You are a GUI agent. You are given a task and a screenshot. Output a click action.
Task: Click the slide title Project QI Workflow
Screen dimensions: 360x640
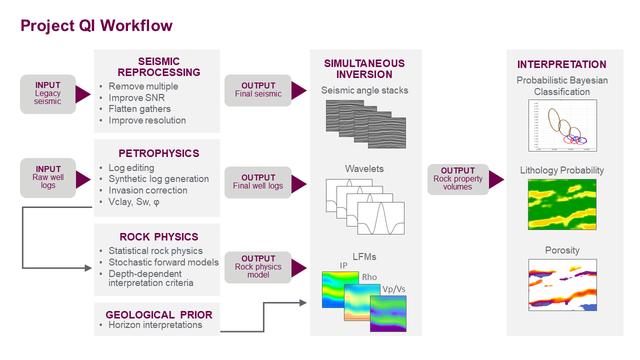(x=96, y=25)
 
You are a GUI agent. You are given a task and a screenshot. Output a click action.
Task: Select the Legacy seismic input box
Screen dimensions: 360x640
(x=48, y=93)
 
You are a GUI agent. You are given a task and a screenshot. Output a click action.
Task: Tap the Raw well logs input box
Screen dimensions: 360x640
(x=48, y=177)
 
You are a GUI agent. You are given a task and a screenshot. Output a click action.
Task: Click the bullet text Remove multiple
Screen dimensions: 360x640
(x=143, y=86)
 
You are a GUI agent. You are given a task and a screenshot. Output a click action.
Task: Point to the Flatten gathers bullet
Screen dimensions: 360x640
(x=139, y=108)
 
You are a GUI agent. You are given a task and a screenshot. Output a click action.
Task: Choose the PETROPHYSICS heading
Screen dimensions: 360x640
(x=158, y=153)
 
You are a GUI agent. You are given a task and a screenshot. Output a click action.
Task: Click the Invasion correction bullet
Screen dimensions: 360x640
(x=147, y=190)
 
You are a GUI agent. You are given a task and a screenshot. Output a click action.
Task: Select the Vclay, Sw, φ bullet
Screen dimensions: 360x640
(x=133, y=201)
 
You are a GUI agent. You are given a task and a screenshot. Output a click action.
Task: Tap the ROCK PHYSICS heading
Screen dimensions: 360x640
(x=158, y=237)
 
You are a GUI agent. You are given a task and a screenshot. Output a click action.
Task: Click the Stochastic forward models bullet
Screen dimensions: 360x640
(x=163, y=262)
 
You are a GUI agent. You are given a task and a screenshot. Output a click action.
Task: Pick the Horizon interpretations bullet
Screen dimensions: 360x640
(x=155, y=325)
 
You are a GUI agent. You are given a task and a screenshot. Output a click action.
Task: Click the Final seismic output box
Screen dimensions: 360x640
(x=258, y=90)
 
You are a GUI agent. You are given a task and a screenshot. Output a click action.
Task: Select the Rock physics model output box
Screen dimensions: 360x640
(x=258, y=267)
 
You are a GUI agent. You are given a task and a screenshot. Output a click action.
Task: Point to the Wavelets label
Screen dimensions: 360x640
(x=364, y=168)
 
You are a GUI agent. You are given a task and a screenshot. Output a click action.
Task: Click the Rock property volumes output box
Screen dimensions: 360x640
(x=457, y=179)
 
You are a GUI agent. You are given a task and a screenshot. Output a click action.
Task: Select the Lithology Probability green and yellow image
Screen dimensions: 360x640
(x=562, y=204)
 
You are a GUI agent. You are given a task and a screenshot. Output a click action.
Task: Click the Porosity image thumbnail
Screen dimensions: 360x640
(x=562, y=284)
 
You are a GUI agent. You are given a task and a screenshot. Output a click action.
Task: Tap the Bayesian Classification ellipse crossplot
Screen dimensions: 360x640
(x=562, y=125)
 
